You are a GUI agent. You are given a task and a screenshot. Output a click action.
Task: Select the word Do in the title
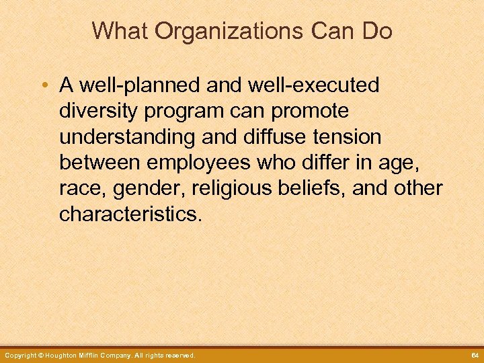[378, 31]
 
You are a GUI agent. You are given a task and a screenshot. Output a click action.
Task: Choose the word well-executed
[300, 85]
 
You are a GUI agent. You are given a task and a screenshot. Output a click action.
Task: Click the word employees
[199, 163]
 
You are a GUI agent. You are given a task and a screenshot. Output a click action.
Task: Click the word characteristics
[130, 214]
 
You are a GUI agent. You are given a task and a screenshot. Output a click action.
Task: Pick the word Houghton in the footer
[65, 355]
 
